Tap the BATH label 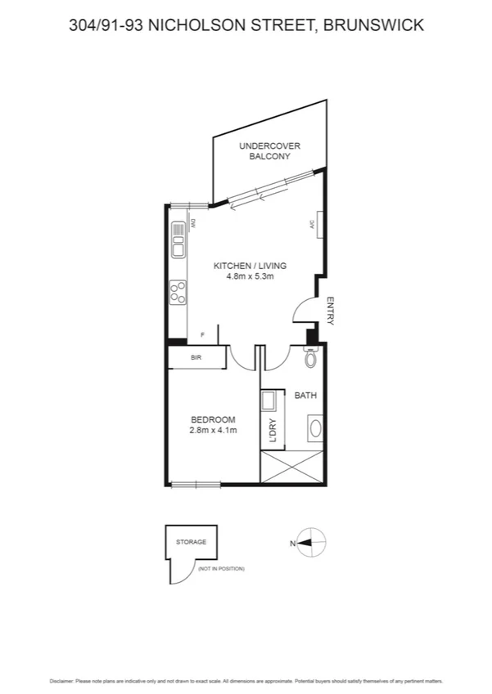coord(305,396)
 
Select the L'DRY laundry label coord(273,432)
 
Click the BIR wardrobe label coord(196,358)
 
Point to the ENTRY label coord(330,311)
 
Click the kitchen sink coord(178,240)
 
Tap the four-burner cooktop coord(178,292)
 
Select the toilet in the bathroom coord(310,358)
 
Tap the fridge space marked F coord(203,334)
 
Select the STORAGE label coord(191,542)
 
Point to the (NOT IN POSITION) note coord(221,568)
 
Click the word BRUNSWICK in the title coord(374,25)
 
